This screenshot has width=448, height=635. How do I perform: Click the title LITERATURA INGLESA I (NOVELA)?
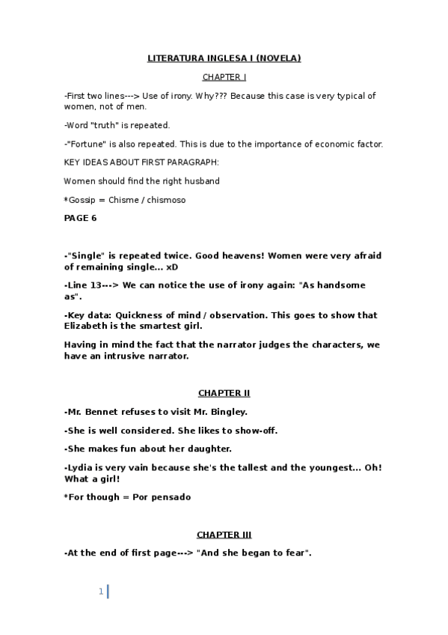224,58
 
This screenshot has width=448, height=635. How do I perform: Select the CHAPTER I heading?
224,77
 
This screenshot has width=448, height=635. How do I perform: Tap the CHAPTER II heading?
224,392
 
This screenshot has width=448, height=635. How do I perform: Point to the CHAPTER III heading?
224,535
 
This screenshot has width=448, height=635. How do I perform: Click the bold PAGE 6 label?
80,219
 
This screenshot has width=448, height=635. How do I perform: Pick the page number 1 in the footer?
100,592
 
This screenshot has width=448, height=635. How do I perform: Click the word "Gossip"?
85,200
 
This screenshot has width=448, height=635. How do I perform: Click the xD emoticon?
173,267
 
